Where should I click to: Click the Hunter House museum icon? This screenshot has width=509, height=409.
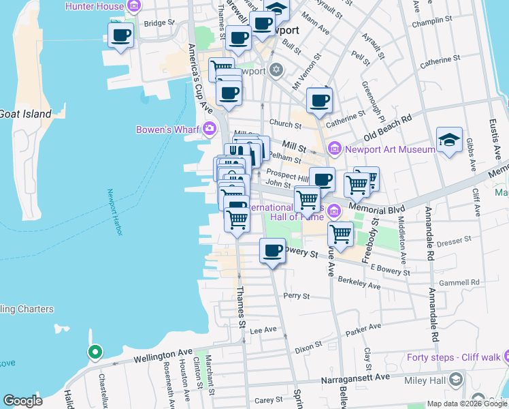click(x=134, y=7)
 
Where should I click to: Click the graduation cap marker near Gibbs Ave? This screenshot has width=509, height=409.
click(x=449, y=140)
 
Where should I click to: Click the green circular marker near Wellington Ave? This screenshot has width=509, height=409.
click(x=95, y=352)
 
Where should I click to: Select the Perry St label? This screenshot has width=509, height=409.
click(x=297, y=296)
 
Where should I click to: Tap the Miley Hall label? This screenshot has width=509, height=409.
click(x=428, y=379)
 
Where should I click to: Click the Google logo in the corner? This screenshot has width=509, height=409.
click(x=22, y=401)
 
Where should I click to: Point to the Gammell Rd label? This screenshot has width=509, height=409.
click(x=460, y=282)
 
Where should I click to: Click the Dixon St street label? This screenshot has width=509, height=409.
click(x=308, y=348)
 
